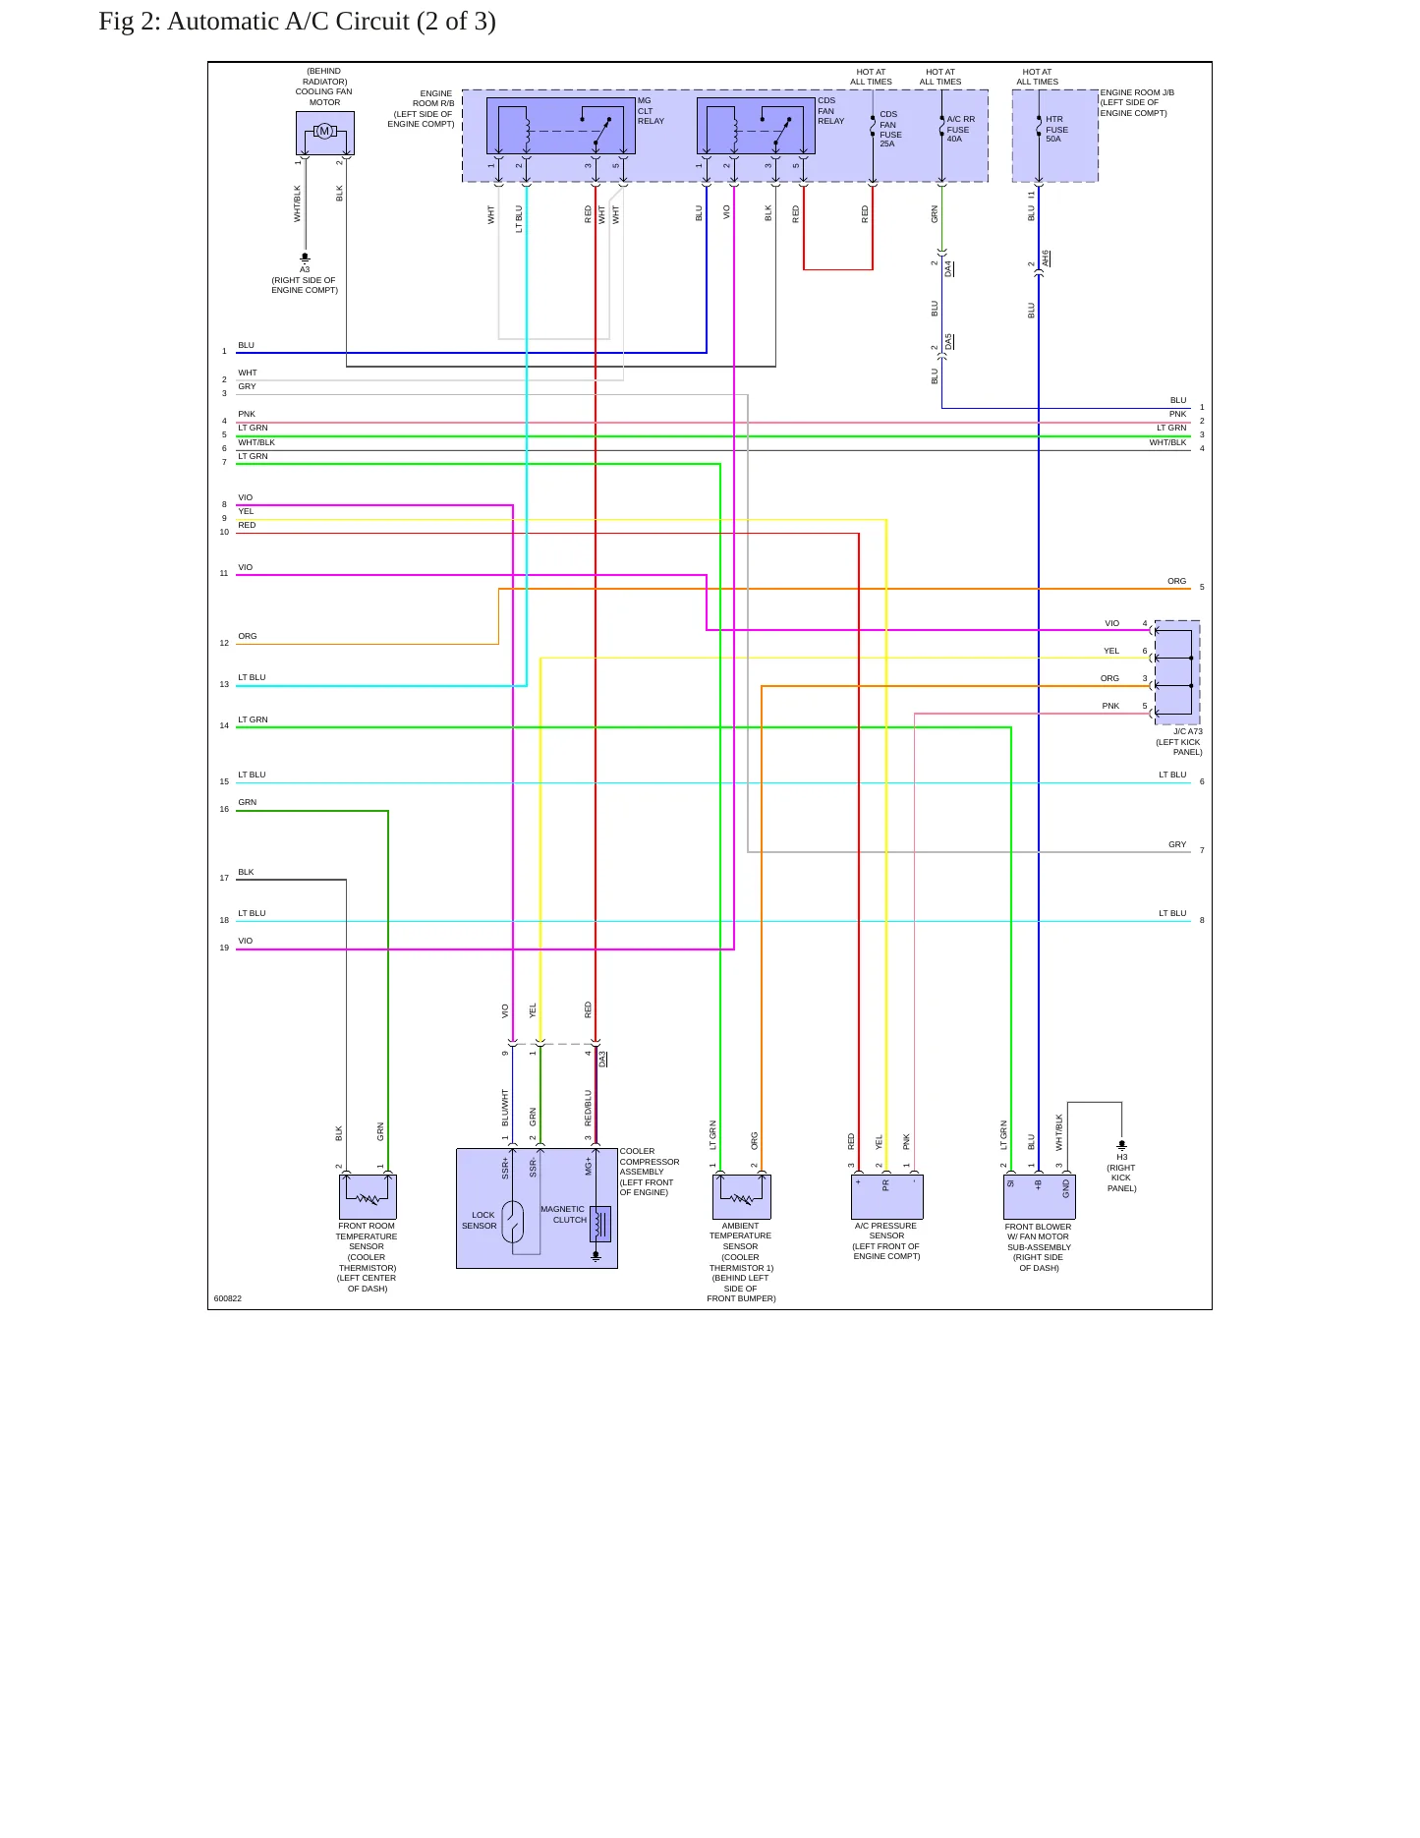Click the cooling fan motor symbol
coord(324,132)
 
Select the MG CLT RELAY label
coord(651,111)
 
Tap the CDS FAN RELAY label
coord(830,111)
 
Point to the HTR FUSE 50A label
coord(1056,129)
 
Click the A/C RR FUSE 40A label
coord(960,129)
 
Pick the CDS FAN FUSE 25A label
coord(889,129)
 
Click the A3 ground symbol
coord(305,258)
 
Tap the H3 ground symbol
coord(1121,1145)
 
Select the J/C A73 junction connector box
coord(1176,672)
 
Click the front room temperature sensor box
coord(368,1197)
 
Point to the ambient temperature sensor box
coord(741,1197)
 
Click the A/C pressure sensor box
coord(886,1197)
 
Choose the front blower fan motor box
coord(1039,1197)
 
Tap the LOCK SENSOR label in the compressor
coord(481,1221)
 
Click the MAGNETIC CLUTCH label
coord(563,1215)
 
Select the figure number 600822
coord(228,1298)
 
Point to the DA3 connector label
coord(603,1059)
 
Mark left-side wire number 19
coord(224,948)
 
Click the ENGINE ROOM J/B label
coord(1137,92)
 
